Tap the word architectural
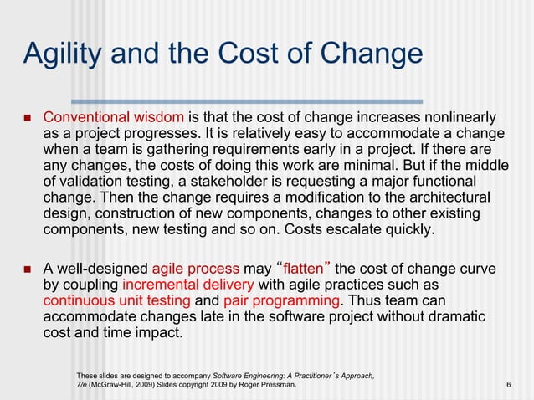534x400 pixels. pos(444,197)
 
